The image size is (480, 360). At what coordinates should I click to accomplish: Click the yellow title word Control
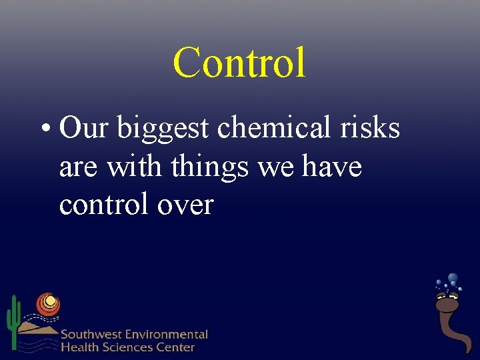(x=239, y=63)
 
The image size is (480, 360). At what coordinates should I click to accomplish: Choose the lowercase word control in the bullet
(x=105, y=204)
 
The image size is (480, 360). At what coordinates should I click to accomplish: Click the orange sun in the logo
(x=48, y=304)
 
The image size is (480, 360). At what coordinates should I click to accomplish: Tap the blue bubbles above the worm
(x=451, y=281)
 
